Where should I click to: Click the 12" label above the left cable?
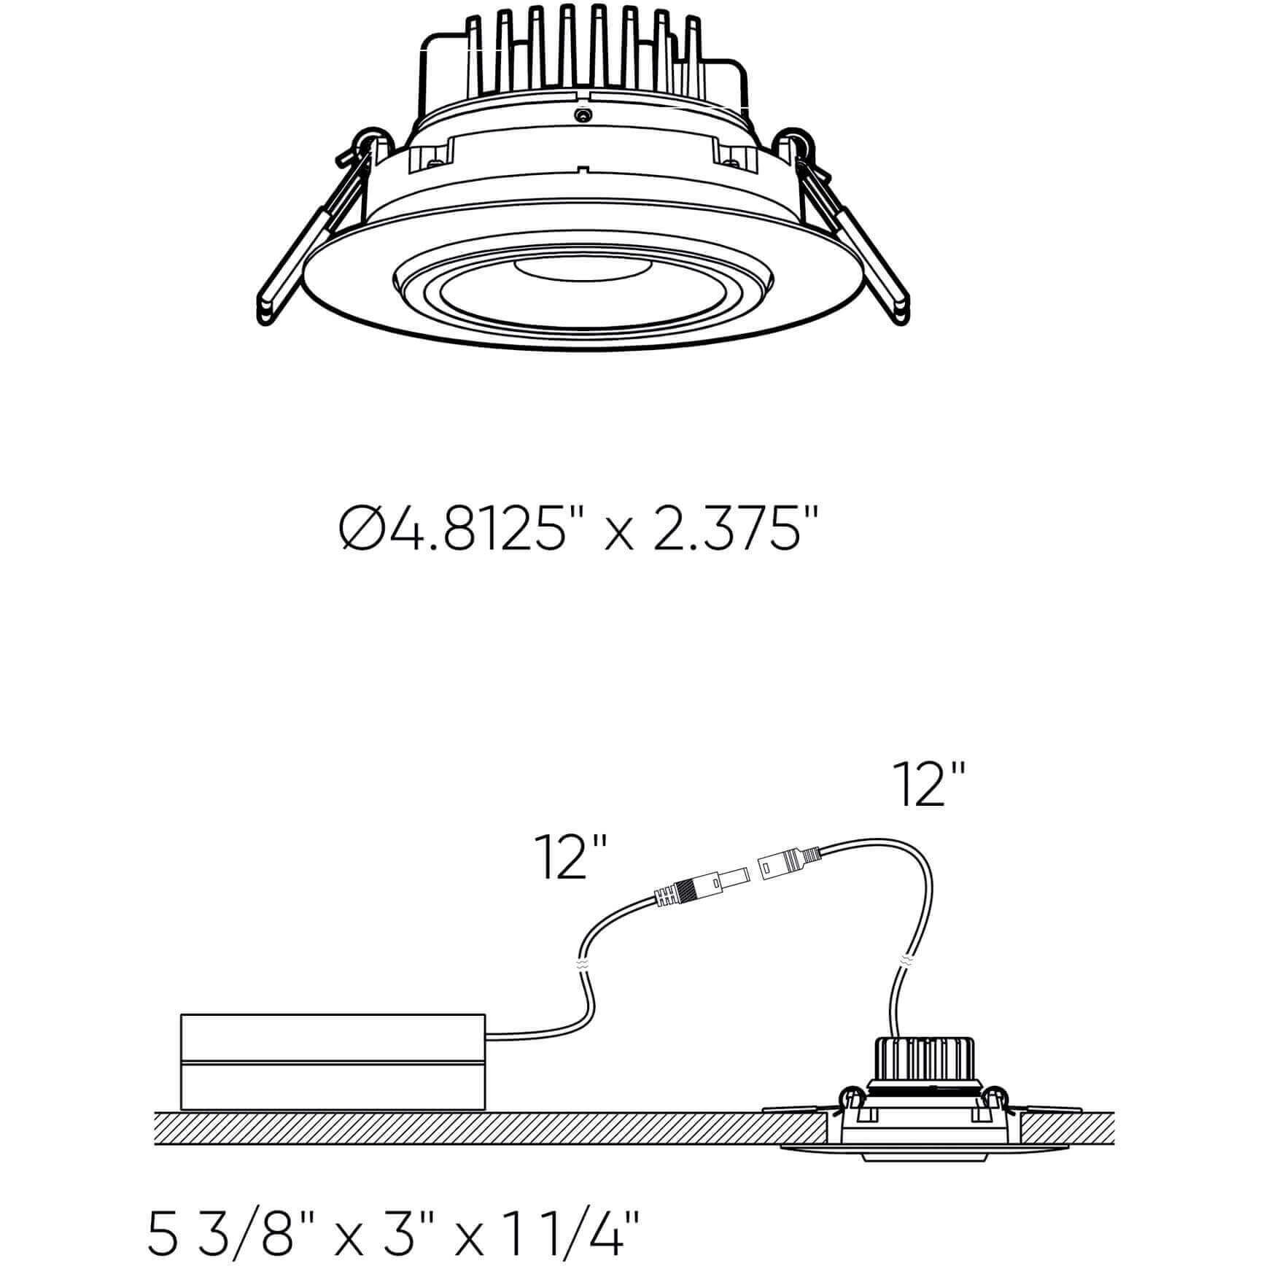click(571, 858)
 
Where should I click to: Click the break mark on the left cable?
click(581, 963)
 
